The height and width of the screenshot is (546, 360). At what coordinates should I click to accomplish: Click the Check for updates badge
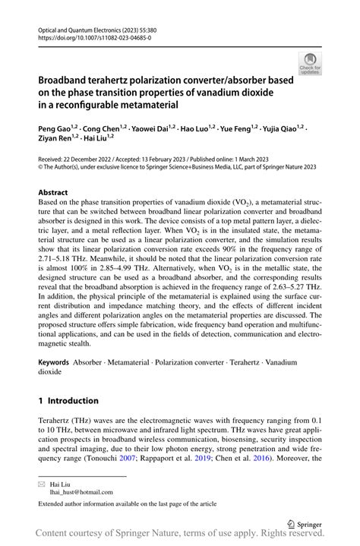[310, 64]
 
